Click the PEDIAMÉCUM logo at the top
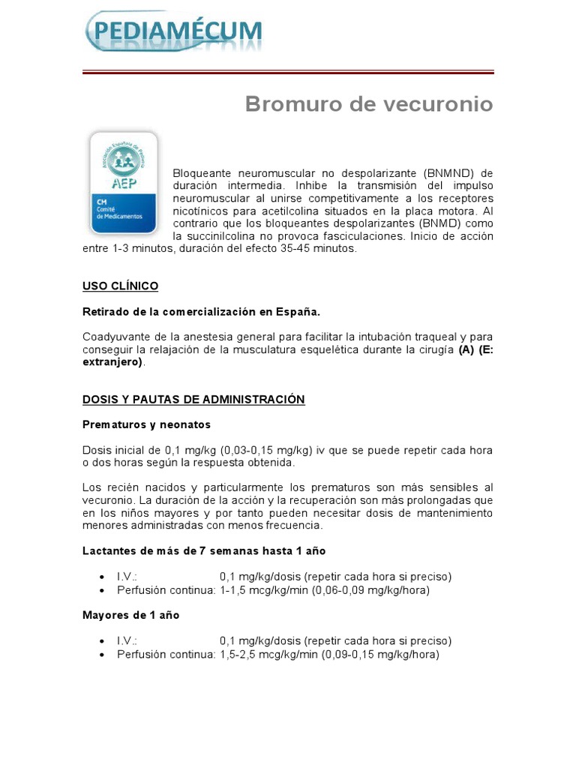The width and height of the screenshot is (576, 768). pos(173,31)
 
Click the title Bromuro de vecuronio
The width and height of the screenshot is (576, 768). pos(369,104)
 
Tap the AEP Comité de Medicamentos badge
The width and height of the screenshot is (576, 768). pos(123,183)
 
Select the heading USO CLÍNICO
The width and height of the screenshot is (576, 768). pos(120,286)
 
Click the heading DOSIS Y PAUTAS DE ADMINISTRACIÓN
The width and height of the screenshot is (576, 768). pos(193,400)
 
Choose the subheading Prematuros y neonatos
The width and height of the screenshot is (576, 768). pos(146,424)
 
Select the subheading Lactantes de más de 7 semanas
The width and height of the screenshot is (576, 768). pos(204,551)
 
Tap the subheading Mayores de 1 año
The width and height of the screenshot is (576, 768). pos(130,615)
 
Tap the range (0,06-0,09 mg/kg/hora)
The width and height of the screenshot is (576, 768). pos(376,590)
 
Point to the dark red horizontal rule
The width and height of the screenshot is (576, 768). pos(287,72)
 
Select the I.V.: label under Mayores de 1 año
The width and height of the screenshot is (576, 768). pos(127,641)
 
